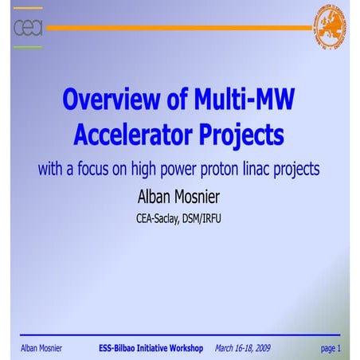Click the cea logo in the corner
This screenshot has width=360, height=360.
(28, 28)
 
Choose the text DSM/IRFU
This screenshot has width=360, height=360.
(203, 217)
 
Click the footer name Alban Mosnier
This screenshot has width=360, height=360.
(41, 348)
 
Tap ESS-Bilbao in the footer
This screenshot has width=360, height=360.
(119, 348)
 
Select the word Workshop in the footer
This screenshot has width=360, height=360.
(185, 348)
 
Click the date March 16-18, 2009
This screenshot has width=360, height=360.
(244, 348)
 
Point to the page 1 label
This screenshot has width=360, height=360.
(330, 348)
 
